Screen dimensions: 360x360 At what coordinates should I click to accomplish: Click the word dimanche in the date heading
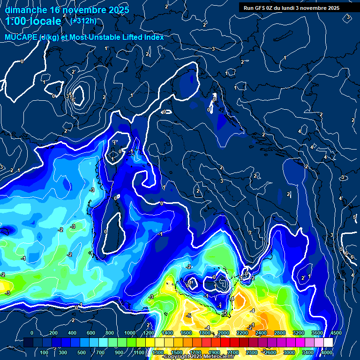click(25, 10)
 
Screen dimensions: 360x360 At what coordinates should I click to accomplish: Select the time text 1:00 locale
click(33, 21)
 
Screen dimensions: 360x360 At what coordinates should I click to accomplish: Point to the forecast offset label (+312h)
click(83, 21)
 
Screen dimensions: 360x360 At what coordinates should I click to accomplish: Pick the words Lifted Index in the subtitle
click(140, 37)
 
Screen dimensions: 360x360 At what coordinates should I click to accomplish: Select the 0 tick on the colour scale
click(32, 333)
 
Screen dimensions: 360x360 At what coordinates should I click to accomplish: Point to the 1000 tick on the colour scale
click(129, 333)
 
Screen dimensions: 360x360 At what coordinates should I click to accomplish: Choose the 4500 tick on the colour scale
click(336, 333)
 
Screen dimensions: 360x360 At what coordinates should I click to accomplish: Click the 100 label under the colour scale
click(45, 352)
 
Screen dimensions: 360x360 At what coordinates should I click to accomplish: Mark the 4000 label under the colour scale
click(327, 352)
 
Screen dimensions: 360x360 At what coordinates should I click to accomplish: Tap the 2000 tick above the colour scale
click(223, 333)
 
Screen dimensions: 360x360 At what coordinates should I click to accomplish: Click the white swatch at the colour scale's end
click(328, 343)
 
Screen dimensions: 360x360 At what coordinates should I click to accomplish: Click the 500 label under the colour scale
click(82, 352)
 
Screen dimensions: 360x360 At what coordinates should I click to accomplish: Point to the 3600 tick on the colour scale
click(317, 333)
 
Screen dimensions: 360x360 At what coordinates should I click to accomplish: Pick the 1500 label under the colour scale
click(177, 352)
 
